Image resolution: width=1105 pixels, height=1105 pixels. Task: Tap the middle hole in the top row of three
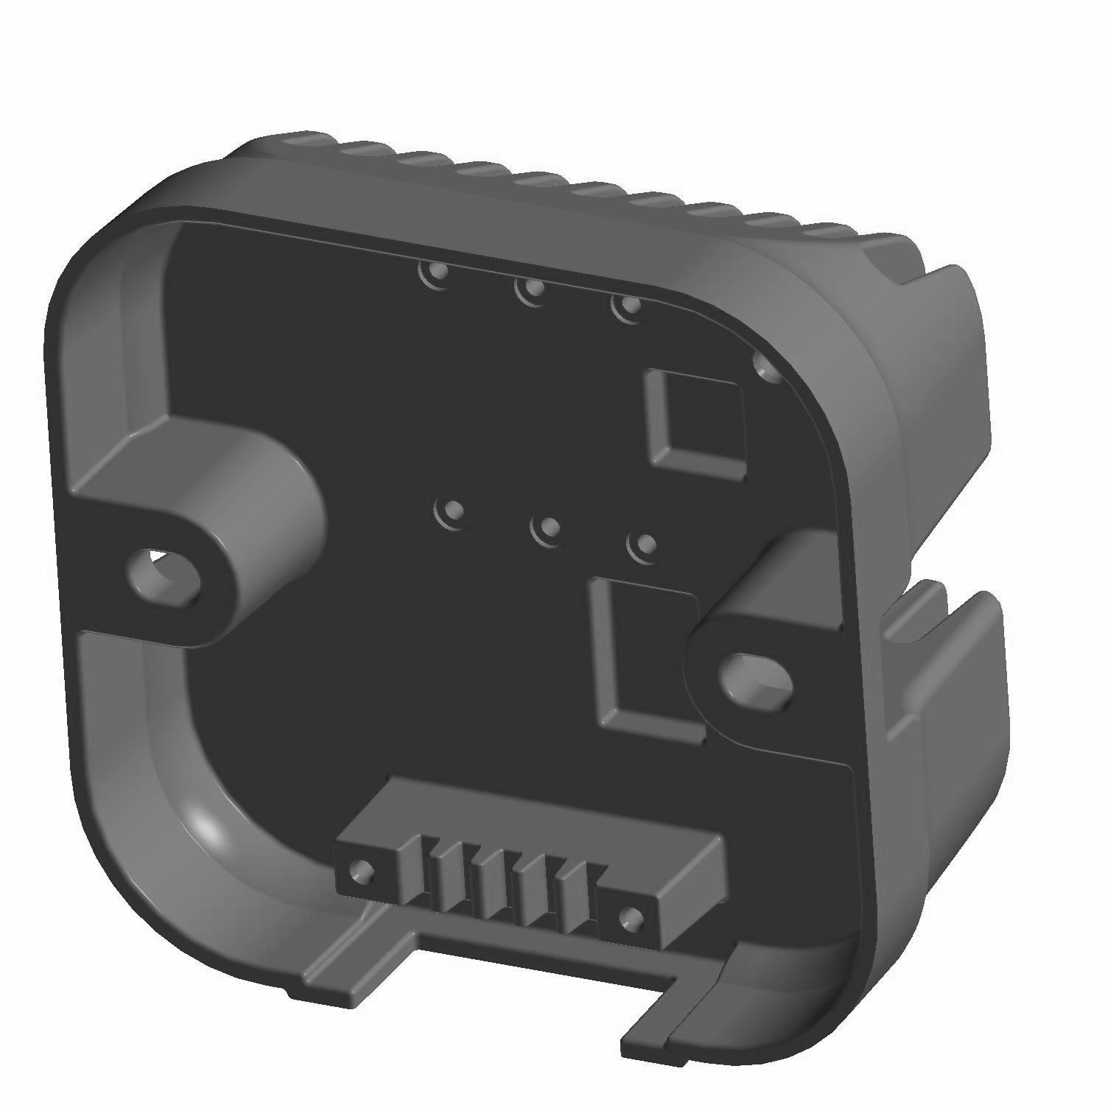[x=530, y=290]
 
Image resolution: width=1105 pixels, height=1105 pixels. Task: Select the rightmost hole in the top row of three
[x=626, y=306]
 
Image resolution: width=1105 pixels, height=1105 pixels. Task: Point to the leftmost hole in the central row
[x=451, y=511]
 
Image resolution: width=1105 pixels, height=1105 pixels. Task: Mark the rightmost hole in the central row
[x=645, y=546]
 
